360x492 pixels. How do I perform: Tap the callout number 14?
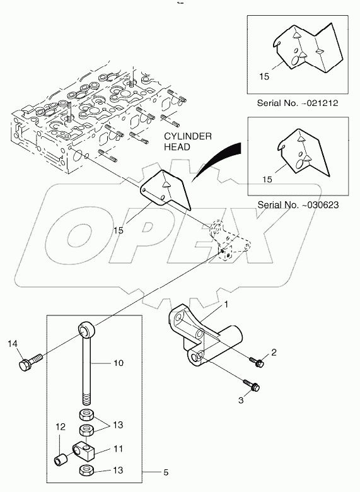click(x=13, y=344)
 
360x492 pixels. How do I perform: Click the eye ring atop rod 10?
click(x=87, y=329)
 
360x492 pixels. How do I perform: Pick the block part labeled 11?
click(x=84, y=451)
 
